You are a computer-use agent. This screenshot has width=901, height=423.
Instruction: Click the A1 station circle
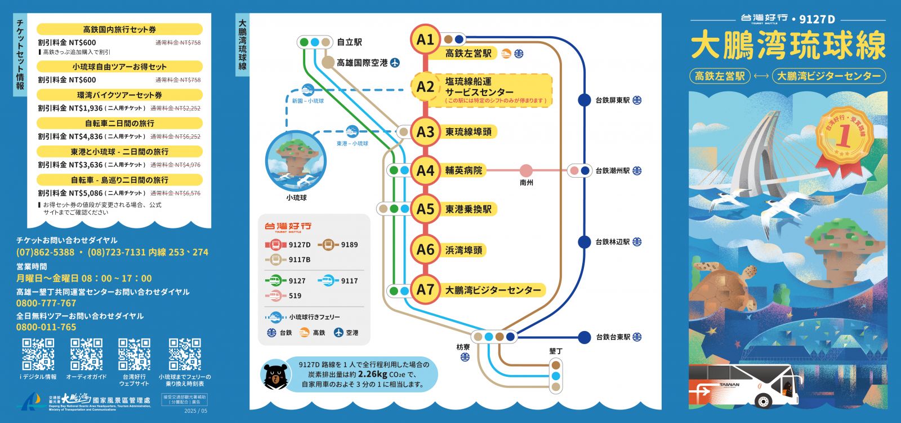pyautogui.click(x=425, y=39)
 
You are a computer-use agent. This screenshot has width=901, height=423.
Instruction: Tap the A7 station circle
pyautogui.click(x=425, y=290)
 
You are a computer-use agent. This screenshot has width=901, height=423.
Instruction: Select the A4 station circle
pyautogui.click(x=425, y=170)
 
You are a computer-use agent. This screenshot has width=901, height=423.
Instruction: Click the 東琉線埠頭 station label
pyautogui.click(x=469, y=132)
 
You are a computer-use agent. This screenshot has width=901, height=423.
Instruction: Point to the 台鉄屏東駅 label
pyautogui.click(x=612, y=100)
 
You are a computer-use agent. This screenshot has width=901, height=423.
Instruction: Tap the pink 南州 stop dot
pyautogui.click(x=526, y=170)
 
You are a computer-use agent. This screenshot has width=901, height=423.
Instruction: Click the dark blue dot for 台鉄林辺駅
pyautogui.click(x=585, y=242)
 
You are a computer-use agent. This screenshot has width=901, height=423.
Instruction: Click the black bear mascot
pyautogui.click(x=275, y=376)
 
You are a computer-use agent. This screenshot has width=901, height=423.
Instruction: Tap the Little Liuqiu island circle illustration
pyautogui.click(x=296, y=161)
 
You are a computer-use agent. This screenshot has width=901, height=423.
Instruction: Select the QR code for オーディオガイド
pyautogui.click(x=86, y=354)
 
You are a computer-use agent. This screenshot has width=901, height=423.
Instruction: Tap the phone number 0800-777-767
pyautogui.click(x=46, y=303)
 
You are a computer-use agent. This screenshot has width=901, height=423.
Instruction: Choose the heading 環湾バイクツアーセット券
pyautogui.click(x=119, y=95)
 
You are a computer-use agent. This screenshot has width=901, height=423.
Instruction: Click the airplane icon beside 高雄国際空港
pyautogui.click(x=395, y=63)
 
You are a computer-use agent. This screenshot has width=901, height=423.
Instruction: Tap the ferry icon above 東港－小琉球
pyautogui.click(x=352, y=132)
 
